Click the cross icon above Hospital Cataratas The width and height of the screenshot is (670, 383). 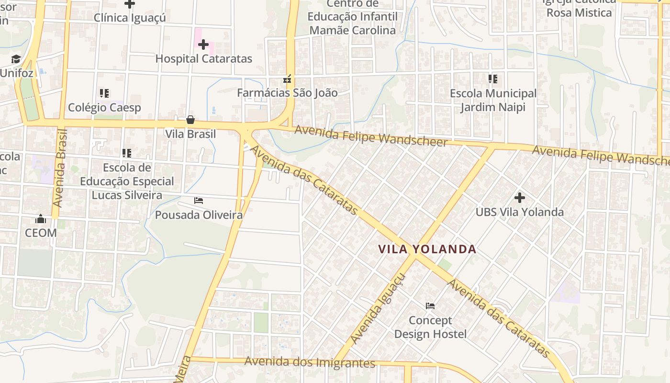pyautogui.click(x=203, y=45)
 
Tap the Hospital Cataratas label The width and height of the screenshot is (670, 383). pyautogui.click(x=203, y=59)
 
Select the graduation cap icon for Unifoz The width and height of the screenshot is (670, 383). pyautogui.click(x=16, y=59)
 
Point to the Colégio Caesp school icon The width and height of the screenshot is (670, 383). pyautogui.click(x=104, y=93)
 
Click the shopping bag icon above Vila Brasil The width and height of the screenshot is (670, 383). pyautogui.click(x=190, y=120)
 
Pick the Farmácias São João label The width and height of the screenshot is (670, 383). pyautogui.click(x=287, y=93)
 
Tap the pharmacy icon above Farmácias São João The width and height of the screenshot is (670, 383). pyautogui.click(x=287, y=79)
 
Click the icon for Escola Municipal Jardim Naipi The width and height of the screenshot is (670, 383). pyautogui.click(x=493, y=79)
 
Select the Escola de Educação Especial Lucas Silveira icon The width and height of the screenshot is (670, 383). pyautogui.click(x=127, y=153)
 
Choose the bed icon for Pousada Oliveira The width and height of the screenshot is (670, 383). pyautogui.click(x=199, y=201)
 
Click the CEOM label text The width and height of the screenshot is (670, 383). pyautogui.click(x=41, y=233)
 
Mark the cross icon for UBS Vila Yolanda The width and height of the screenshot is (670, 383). pyautogui.click(x=519, y=197)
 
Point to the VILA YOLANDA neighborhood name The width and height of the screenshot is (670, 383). pyautogui.click(x=427, y=249)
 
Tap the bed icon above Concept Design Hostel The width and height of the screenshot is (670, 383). pyautogui.click(x=430, y=305)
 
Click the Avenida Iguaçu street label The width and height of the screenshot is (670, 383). pyautogui.click(x=378, y=309)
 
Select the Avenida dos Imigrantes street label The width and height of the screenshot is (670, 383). pyautogui.click(x=310, y=362)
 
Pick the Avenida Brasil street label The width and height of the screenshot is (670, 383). pyautogui.click(x=60, y=168)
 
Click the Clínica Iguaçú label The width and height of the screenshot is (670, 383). pyautogui.click(x=130, y=18)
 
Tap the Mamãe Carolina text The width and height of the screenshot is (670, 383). pyautogui.click(x=353, y=31)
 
